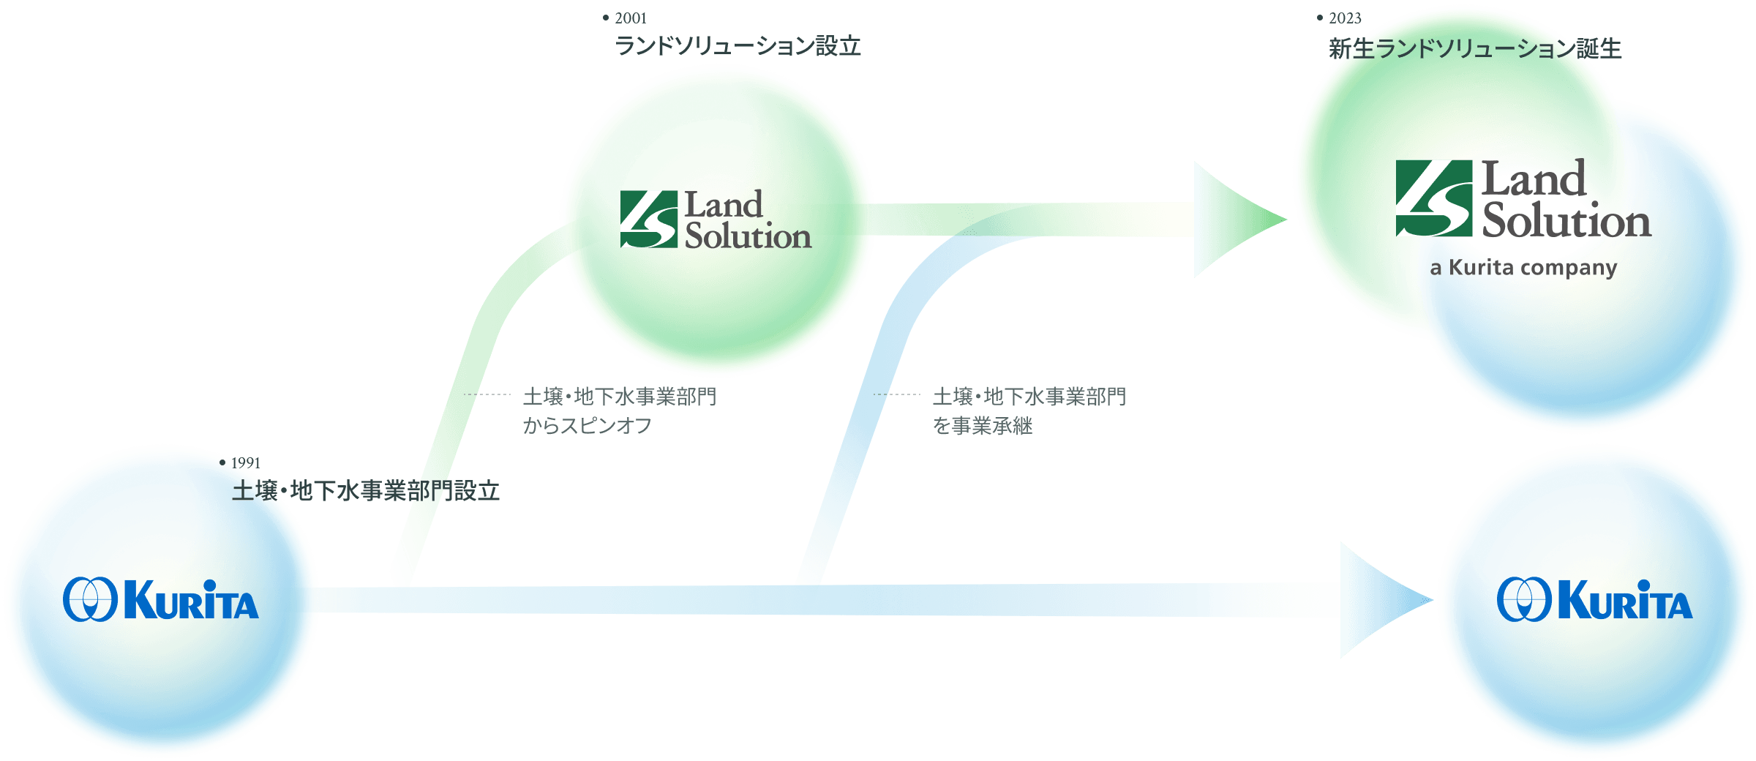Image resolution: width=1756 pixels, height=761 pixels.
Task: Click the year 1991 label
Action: pyautogui.click(x=245, y=462)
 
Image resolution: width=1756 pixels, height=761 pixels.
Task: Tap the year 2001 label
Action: pyautogui.click(x=630, y=18)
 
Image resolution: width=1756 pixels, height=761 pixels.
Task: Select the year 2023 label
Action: pyautogui.click(x=1345, y=18)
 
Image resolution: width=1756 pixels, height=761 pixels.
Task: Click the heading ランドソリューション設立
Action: pyautogui.click(x=738, y=47)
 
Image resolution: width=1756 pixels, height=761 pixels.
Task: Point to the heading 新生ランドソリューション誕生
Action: pyautogui.click(x=1474, y=49)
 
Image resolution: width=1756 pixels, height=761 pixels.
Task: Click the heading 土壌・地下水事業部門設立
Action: pyautogui.click(x=366, y=491)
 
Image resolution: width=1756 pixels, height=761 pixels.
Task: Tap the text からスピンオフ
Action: pyautogui.click(x=587, y=426)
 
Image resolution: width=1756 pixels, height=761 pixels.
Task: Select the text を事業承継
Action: pyautogui.click(x=983, y=426)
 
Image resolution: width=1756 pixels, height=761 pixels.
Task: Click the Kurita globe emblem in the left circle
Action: pyautogui.click(x=90, y=599)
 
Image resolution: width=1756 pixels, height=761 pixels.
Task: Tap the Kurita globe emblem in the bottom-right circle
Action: pyautogui.click(x=1524, y=599)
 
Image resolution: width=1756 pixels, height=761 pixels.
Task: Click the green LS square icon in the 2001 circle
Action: pyautogui.click(x=649, y=219)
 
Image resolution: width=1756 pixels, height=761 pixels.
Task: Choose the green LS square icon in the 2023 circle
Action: pyautogui.click(x=1434, y=198)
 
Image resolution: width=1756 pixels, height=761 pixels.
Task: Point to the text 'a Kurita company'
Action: pyautogui.click(x=1523, y=268)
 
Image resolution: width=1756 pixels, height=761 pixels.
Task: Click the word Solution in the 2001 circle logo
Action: pyautogui.click(x=748, y=236)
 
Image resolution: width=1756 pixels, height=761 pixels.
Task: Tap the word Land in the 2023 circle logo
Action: pyautogui.click(x=1534, y=179)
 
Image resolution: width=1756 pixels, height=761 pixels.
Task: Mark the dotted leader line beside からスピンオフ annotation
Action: pyautogui.click(x=487, y=394)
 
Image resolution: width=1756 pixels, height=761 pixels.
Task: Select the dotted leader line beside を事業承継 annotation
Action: pyautogui.click(x=897, y=394)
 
